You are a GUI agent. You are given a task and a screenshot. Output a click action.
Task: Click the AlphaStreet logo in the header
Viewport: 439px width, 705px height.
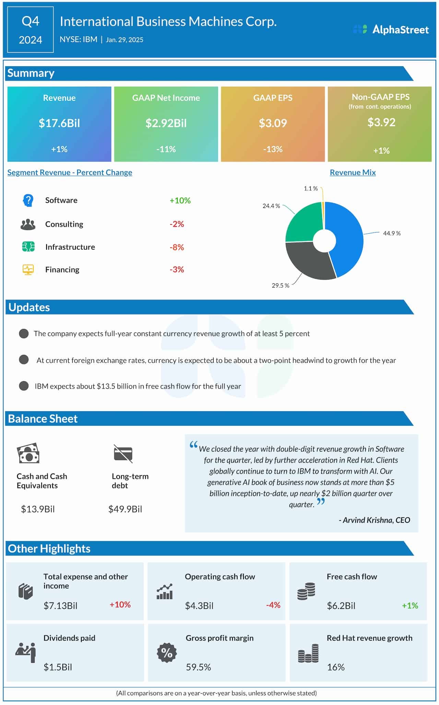391,30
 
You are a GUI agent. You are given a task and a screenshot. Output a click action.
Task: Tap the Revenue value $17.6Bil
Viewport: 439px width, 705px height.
59,123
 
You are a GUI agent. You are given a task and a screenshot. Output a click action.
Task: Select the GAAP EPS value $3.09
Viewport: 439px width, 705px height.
273,123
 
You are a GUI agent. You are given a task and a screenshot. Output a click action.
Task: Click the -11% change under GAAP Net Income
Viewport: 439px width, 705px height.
166,149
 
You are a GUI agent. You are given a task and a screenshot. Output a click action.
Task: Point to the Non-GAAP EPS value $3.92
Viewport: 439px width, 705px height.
381,122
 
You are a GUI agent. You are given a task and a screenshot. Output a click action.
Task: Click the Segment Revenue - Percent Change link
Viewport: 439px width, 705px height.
70,173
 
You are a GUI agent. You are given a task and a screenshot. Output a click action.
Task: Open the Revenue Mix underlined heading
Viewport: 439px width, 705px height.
353,173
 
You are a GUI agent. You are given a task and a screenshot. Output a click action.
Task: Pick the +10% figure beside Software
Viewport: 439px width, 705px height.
180,200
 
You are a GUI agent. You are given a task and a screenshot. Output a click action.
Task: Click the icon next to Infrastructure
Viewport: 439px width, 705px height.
28,247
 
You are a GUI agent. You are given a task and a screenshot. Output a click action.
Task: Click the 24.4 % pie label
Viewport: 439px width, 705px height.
271,206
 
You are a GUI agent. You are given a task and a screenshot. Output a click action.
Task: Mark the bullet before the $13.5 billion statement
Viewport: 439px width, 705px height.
24,386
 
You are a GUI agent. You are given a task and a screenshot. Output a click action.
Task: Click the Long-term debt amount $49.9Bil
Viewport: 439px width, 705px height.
125,509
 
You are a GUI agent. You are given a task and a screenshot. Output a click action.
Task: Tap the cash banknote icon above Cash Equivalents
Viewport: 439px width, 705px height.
28,453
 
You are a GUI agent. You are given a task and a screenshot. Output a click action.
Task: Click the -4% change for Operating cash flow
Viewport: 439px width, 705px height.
273,605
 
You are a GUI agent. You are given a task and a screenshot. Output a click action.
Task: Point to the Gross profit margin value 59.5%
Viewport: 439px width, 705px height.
198,667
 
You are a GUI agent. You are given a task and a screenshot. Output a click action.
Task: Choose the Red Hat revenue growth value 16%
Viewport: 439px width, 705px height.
335,667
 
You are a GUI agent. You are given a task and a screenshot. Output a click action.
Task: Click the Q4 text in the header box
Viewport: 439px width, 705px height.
31,21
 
